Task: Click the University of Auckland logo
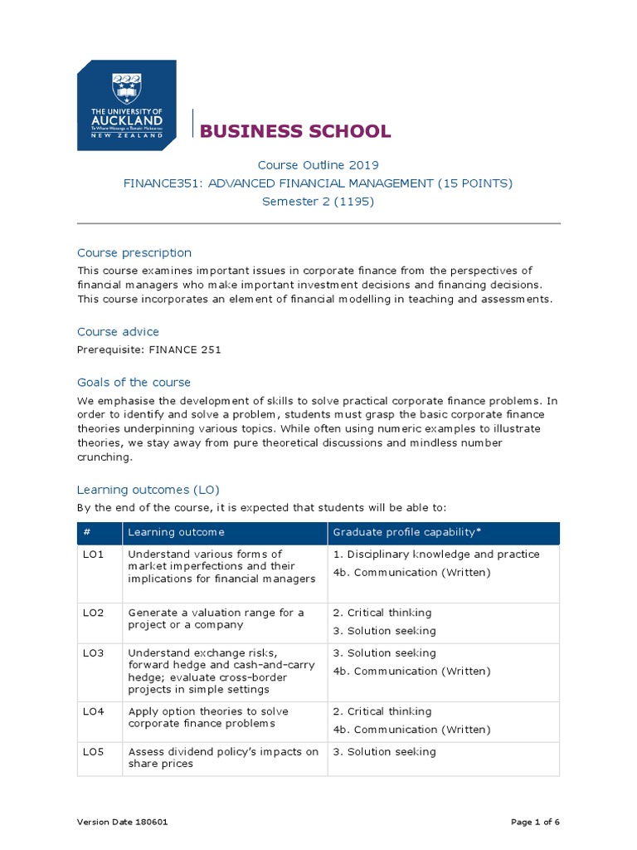pyautogui.click(x=126, y=105)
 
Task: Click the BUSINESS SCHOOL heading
pyautogui.click(x=295, y=131)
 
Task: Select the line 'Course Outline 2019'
pyautogui.click(x=318, y=165)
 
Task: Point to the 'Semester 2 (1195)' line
pyautogui.click(x=318, y=202)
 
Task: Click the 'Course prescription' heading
pyautogui.click(x=134, y=252)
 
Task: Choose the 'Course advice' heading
pyautogui.click(x=118, y=331)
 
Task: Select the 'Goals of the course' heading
pyautogui.click(x=134, y=382)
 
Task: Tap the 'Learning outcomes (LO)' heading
pyautogui.click(x=148, y=490)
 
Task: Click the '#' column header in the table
pyautogui.click(x=87, y=532)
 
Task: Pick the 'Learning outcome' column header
pyautogui.click(x=176, y=532)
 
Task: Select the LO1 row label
pyautogui.click(x=93, y=554)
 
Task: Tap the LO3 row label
pyautogui.click(x=93, y=653)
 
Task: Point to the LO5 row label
pyautogui.click(x=93, y=752)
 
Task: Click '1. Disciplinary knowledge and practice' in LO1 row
pyautogui.click(x=435, y=554)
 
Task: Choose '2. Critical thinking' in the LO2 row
pyautogui.click(x=382, y=613)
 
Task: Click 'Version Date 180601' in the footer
pyautogui.click(x=124, y=822)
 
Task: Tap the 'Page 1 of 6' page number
pyautogui.click(x=535, y=822)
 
